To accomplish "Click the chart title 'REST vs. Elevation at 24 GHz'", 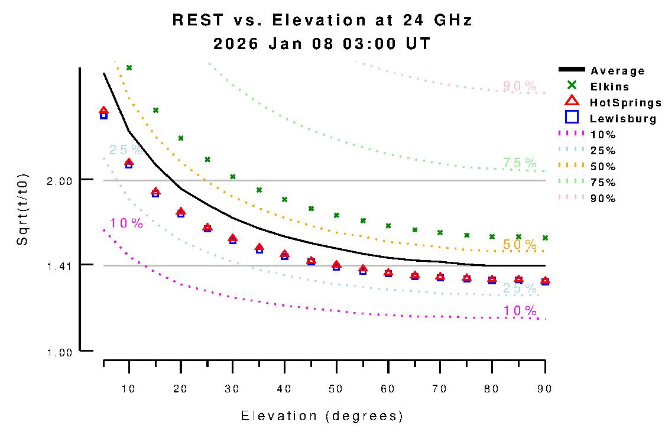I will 322,20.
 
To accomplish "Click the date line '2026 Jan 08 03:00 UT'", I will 322,44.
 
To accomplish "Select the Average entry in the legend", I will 618,71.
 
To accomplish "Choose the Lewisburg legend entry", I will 623,119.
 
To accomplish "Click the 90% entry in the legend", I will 603,199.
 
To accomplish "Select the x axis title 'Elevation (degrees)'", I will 322,416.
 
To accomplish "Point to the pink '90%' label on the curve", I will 520,86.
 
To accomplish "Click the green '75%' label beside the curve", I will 520,163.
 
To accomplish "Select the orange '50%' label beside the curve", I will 520,244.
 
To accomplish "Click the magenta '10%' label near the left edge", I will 126,223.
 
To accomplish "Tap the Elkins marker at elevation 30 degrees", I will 233,177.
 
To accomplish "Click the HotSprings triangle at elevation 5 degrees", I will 104,111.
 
